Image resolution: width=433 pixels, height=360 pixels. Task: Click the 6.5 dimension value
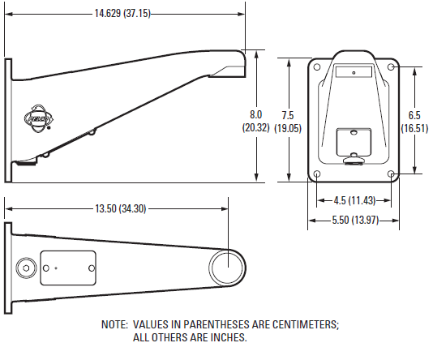coord(414,114)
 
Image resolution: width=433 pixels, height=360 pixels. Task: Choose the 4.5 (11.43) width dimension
coord(354,199)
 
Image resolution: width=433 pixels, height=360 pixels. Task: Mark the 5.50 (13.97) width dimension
coord(354,221)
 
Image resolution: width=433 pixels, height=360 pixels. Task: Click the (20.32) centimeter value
coord(256,127)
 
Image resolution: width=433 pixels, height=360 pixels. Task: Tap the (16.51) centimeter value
coord(414,127)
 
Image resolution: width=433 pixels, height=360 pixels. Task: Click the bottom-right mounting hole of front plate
coord(391,174)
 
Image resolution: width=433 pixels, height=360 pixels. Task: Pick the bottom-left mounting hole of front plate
coord(317,174)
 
